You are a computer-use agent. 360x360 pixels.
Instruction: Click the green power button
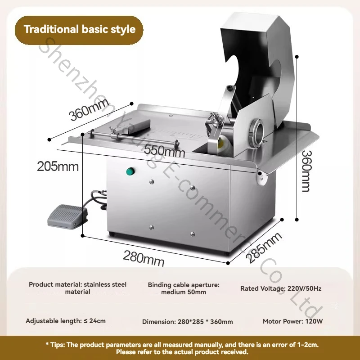[x=130, y=171]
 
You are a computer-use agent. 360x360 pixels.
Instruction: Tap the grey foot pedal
[x=67, y=216]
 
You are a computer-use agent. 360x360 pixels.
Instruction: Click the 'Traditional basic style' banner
[x=79, y=30]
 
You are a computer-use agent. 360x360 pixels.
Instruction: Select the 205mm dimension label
[x=58, y=166]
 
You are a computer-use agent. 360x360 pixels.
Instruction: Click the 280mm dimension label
[x=144, y=258]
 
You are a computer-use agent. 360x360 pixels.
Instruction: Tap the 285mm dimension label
[x=264, y=247]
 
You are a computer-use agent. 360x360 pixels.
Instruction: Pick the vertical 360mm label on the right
[x=306, y=171]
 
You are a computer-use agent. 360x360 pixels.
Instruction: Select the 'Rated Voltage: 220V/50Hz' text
[x=280, y=288]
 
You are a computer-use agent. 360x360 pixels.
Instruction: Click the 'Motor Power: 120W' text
[x=293, y=321]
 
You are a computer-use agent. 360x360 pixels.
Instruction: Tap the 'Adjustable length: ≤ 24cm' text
[x=66, y=321]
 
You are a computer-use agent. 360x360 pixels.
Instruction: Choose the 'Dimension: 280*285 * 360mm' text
[x=187, y=322]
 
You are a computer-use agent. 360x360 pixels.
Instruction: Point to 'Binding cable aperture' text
[x=184, y=285]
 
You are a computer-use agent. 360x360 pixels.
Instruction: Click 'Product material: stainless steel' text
[x=77, y=284]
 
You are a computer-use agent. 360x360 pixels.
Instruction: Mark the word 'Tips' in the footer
[x=56, y=345]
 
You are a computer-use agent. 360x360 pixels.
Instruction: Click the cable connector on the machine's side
[x=103, y=193]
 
